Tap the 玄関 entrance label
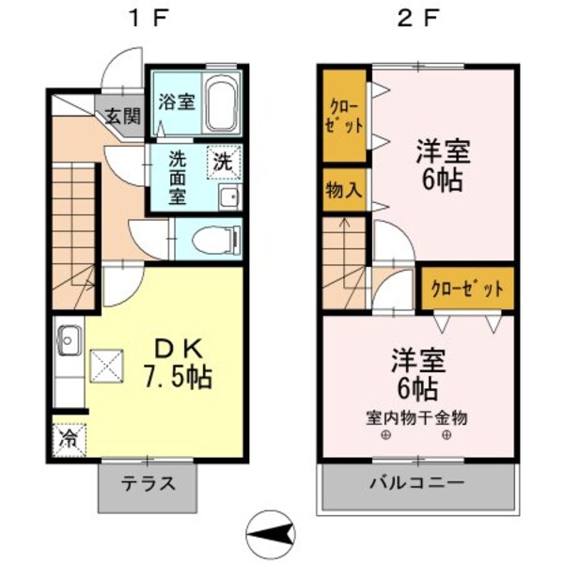click(x=122, y=117)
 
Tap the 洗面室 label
click(x=177, y=178)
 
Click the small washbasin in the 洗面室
click(x=227, y=196)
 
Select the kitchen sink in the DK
click(x=69, y=336)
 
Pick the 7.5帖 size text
click(x=178, y=379)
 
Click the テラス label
click(x=148, y=486)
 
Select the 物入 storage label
click(x=343, y=189)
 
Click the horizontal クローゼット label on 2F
click(x=467, y=289)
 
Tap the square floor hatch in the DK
click(x=105, y=363)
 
